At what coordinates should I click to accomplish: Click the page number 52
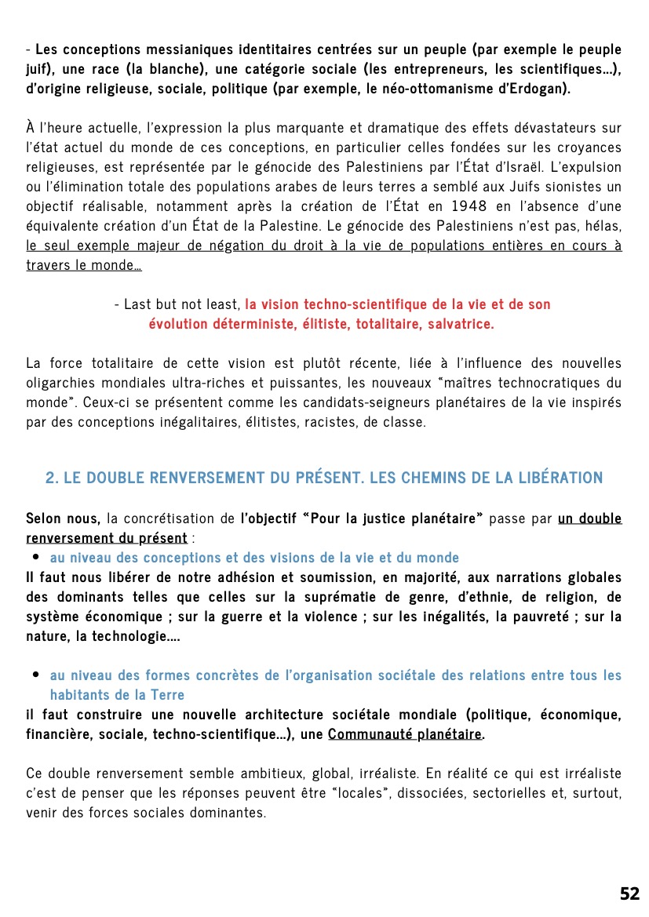pyautogui.click(x=629, y=893)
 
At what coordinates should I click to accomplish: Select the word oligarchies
pyautogui.click(x=65, y=383)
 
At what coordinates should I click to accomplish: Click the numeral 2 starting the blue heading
pyautogui.click(x=50, y=478)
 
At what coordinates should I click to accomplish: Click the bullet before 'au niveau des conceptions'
pyautogui.click(x=36, y=558)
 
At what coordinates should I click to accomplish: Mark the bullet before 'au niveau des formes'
pyautogui.click(x=36, y=675)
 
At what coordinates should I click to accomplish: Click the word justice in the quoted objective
pyautogui.click(x=365, y=519)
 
